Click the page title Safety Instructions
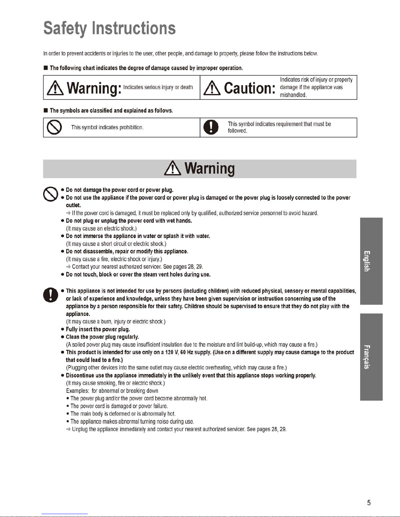tap(110, 28)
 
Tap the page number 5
tap(369, 503)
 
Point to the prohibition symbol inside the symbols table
tap(54, 128)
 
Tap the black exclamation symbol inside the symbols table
tap(211, 128)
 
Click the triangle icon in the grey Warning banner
tap(173, 169)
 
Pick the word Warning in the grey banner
tap(209, 169)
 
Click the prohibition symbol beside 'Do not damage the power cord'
tap(51, 194)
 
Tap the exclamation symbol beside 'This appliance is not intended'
tap(51, 295)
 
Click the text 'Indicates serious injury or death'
tap(158, 87)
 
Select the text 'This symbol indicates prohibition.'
tap(107, 128)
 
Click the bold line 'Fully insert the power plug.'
tap(98, 329)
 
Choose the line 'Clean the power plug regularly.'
tap(103, 337)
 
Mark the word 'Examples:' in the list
tap(77, 391)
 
